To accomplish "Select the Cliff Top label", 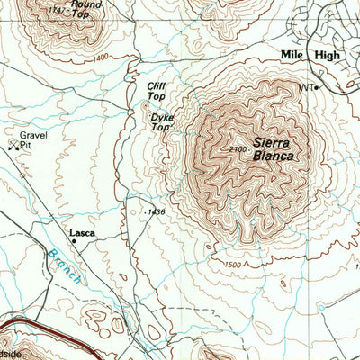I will [156, 91].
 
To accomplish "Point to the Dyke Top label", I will [160, 122].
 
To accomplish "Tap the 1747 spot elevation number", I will [58, 7].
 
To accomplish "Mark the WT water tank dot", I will [317, 87].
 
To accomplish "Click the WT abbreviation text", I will [305, 87].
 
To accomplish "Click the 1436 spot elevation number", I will [157, 211].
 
